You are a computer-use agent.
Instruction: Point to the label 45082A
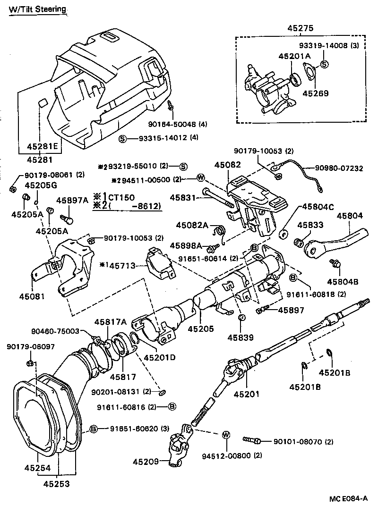point(192,226)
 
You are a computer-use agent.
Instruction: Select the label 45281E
point(42,146)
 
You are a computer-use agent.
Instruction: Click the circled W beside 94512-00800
point(225,434)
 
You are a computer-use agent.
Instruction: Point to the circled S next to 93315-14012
point(122,138)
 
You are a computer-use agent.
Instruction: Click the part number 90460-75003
point(64,332)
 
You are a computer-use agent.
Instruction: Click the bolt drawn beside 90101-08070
point(252,440)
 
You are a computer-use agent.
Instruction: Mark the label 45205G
point(41,185)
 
